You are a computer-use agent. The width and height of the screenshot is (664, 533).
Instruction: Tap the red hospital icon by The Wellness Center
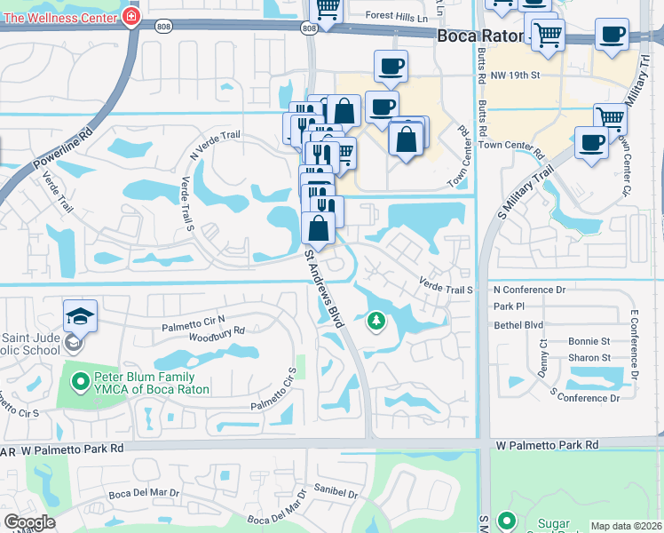(x=131, y=15)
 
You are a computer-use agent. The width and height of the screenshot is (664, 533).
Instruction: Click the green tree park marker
(x=376, y=321)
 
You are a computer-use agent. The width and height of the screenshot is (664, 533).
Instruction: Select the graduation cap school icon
(x=79, y=315)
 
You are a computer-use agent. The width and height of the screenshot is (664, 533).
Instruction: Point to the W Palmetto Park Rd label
(x=547, y=444)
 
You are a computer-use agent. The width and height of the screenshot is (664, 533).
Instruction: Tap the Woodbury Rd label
(x=216, y=331)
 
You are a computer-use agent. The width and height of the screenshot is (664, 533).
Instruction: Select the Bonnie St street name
(x=589, y=341)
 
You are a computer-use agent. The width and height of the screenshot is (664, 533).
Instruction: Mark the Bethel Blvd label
(x=518, y=325)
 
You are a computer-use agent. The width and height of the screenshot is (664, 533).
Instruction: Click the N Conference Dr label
(x=529, y=290)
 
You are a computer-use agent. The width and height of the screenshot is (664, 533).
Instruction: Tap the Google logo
(x=29, y=522)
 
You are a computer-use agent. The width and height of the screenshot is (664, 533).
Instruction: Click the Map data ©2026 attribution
(x=626, y=526)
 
